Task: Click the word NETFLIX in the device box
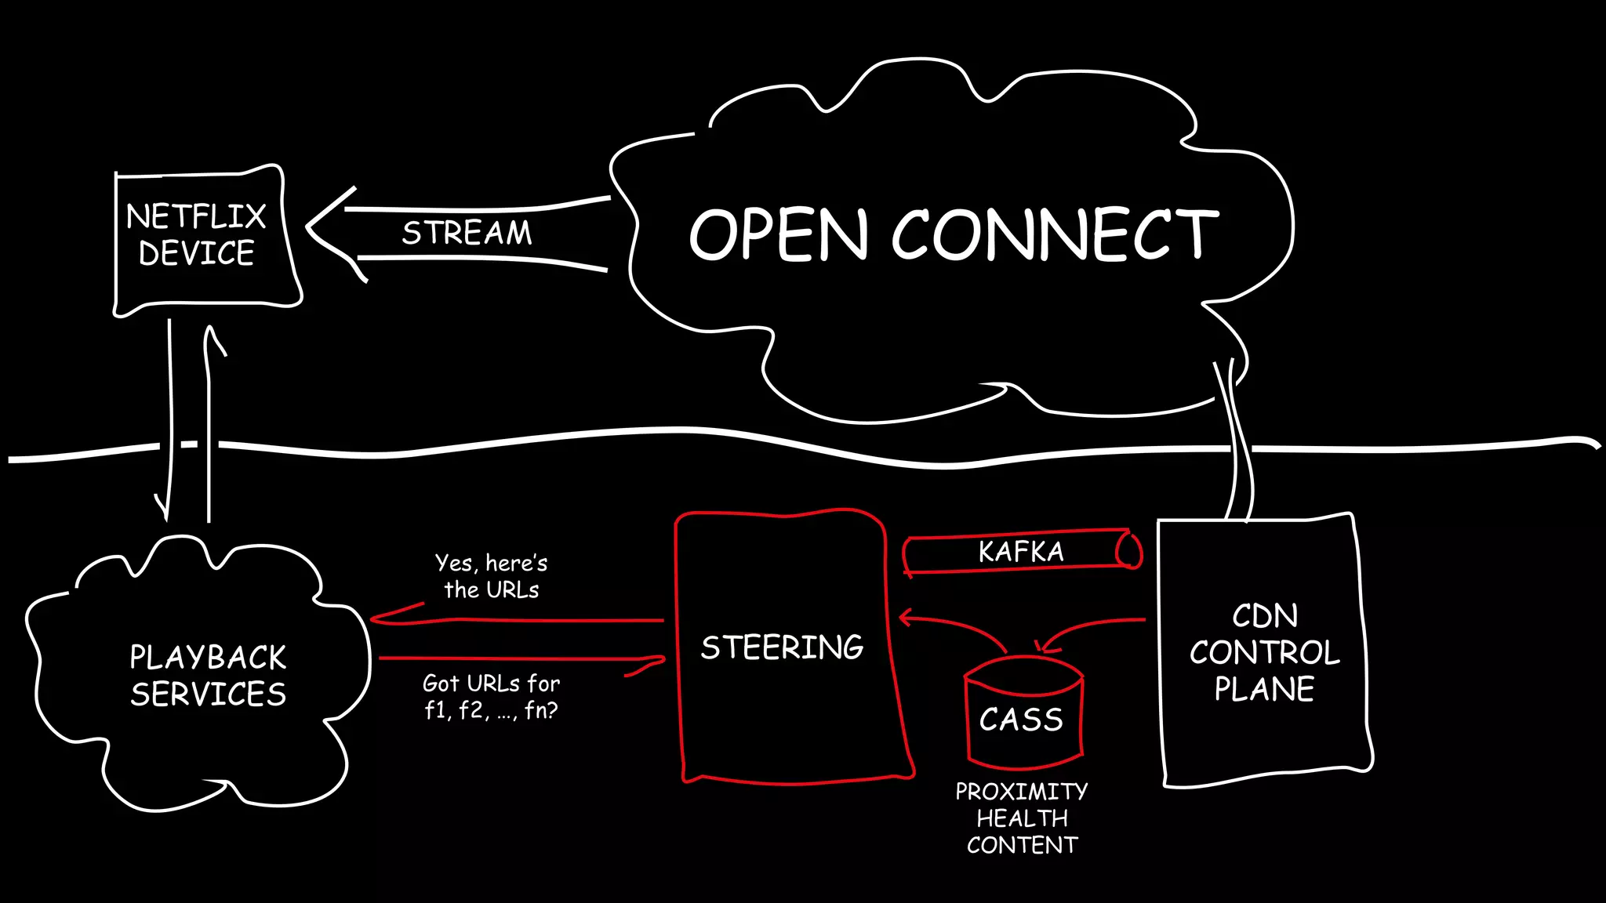coord(196,216)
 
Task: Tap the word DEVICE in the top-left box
coord(197,253)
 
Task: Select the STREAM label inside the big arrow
coord(467,233)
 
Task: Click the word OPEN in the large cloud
coord(779,234)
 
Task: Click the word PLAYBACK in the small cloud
coord(208,658)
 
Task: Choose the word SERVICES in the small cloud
coord(208,694)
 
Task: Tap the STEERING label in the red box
coord(782,647)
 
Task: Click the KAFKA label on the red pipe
coord(1021,552)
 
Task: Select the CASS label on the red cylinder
coord(1021,720)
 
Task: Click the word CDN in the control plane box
coord(1264,616)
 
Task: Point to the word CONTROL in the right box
coord(1264,653)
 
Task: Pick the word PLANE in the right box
coord(1264,689)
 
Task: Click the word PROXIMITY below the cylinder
coord(1021,792)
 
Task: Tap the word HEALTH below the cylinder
coord(1022,818)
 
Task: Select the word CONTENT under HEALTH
coord(1022,845)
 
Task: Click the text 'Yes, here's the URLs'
coord(491,576)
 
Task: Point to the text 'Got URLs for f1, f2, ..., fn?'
coord(491,697)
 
